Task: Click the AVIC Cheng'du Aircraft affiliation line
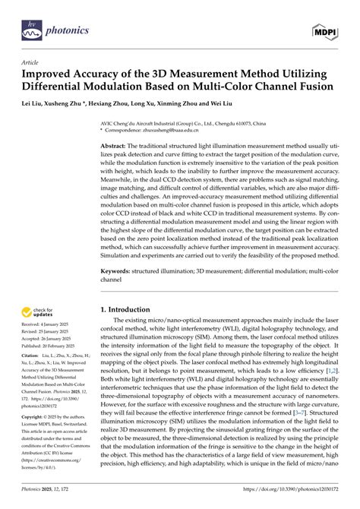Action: click(x=182, y=122)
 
